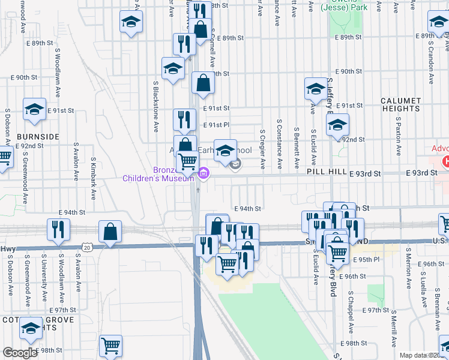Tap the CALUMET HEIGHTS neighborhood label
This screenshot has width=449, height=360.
point(400,104)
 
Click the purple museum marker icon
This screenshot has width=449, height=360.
point(203,174)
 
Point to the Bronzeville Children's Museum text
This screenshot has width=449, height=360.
point(158,174)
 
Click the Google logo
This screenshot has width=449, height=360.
point(19,353)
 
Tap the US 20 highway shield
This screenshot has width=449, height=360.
point(88,247)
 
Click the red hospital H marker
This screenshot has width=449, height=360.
point(445,162)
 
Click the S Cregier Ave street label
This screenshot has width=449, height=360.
point(262,148)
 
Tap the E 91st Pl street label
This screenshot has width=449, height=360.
point(216,125)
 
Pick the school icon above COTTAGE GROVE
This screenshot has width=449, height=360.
point(29,328)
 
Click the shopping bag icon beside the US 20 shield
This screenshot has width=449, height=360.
point(110,231)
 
